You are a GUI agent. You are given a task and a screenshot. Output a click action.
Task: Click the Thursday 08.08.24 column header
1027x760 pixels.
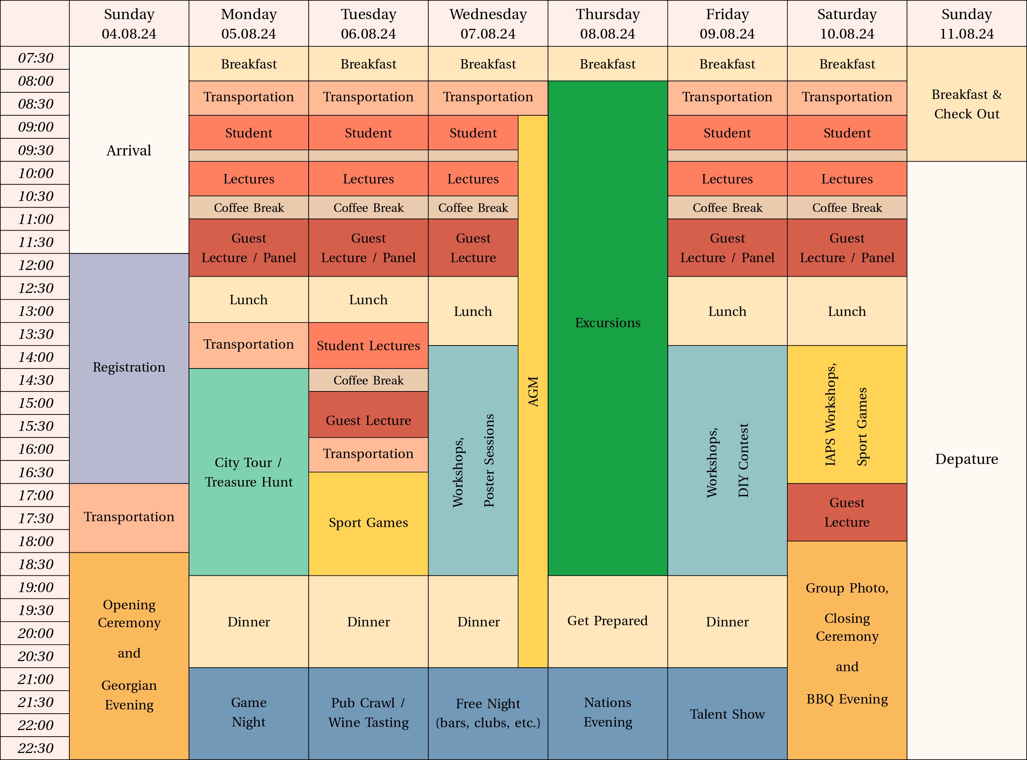(607, 23)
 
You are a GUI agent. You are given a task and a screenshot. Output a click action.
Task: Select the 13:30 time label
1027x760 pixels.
(35, 334)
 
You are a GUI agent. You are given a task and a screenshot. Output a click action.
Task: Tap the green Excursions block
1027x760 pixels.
(607, 323)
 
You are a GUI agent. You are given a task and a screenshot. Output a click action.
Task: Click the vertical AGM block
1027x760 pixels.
(533, 391)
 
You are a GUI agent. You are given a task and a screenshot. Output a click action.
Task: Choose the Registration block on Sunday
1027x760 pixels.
(129, 367)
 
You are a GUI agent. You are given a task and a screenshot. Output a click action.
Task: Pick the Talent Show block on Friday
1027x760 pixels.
(727, 714)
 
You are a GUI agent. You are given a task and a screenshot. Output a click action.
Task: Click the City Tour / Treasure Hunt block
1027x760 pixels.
(249, 472)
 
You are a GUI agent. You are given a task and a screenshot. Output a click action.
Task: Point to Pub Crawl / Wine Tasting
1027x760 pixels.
(368, 712)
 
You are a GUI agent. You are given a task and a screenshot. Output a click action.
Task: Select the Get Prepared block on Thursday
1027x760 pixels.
(607, 621)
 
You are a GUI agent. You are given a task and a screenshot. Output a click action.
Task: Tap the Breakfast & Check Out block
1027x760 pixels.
(966, 104)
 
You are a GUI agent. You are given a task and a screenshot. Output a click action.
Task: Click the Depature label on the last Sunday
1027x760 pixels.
(966, 459)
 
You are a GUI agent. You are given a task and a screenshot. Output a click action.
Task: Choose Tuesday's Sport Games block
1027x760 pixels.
(368, 523)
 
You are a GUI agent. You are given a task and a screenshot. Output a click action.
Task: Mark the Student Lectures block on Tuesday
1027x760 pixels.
(368, 346)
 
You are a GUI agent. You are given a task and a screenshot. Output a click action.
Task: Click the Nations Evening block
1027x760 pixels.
(607, 712)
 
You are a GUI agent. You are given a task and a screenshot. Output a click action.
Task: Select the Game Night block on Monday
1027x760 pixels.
(249, 712)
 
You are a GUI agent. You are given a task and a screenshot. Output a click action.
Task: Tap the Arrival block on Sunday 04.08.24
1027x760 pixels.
(129, 150)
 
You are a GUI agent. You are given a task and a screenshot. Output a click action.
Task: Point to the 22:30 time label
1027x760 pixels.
(35, 748)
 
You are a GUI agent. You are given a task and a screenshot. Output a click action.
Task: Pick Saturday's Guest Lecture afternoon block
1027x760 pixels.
(847, 512)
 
